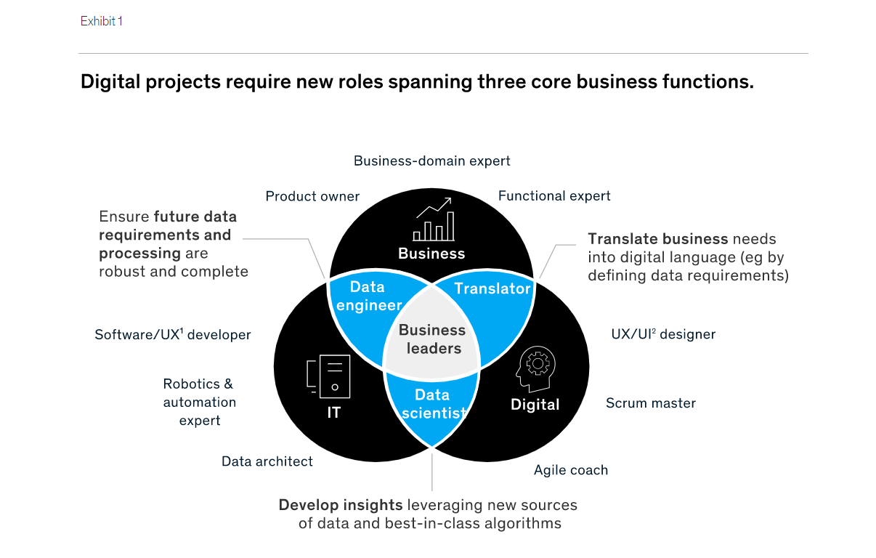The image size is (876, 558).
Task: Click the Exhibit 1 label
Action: pyautogui.click(x=102, y=22)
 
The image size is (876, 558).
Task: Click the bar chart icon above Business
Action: pyautogui.click(x=434, y=218)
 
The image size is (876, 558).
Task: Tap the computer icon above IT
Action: pyautogui.click(x=329, y=376)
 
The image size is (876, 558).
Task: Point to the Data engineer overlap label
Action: pyautogui.click(x=368, y=296)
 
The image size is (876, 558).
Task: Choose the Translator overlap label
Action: pyautogui.click(x=492, y=288)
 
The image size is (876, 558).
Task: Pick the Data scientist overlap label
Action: pyautogui.click(x=432, y=404)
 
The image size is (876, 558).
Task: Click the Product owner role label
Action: pyautogui.click(x=312, y=196)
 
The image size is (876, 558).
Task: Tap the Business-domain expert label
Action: pyautogui.click(x=432, y=161)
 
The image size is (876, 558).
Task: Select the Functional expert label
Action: pyautogui.click(x=554, y=196)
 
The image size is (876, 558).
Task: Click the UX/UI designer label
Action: pyautogui.click(x=663, y=334)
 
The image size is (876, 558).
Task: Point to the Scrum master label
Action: pyautogui.click(x=651, y=403)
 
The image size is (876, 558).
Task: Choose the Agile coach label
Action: pyautogui.click(x=571, y=470)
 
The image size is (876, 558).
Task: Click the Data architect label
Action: pyautogui.click(x=267, y=461)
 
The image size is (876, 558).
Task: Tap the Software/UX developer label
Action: pyautogui.click(x=173, y=335)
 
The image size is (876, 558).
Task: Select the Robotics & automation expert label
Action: pyautogui.click(x=199, y=402)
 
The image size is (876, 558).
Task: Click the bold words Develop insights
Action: pyautogui.click(x=341, y=505)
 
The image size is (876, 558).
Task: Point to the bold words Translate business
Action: pyautogui.click(x=658, y=239)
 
